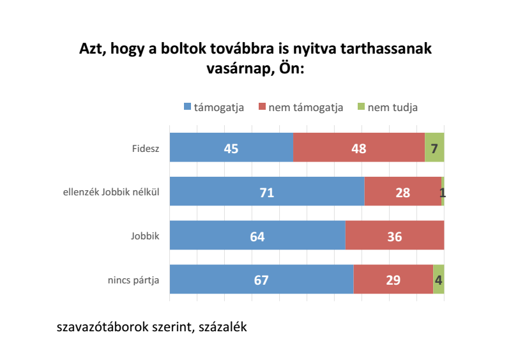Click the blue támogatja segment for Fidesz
point(231,148)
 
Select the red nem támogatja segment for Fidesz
point(359,148)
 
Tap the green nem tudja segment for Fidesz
point(434,148)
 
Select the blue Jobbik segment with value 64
point(257,236)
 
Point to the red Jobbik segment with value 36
point(394,236)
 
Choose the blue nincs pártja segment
point(261,280)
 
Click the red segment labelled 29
point(393,280)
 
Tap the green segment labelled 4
point(438,280)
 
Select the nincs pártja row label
point(133,280)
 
